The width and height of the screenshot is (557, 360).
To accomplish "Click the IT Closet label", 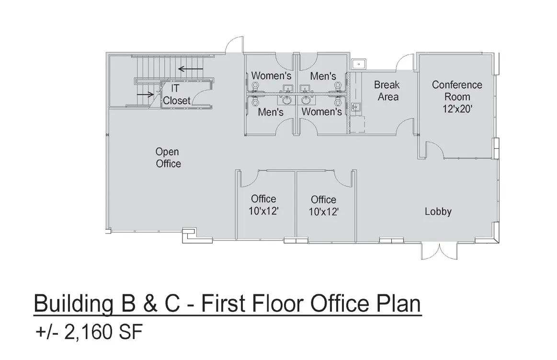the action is (177, 94).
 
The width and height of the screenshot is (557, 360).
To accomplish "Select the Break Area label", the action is (387, 91).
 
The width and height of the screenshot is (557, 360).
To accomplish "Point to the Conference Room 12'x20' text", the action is (457, 97).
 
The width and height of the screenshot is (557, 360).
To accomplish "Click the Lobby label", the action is (438, 211).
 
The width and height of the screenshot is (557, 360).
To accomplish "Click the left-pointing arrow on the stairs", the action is (191, 69).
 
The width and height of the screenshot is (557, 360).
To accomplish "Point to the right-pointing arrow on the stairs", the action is (145, 94).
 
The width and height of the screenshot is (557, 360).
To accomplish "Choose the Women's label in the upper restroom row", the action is (272, 76).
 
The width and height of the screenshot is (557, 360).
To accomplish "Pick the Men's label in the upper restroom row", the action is (323, 76).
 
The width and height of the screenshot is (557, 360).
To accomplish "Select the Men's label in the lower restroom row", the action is (271, 112).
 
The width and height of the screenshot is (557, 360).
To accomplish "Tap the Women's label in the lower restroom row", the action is (321, 112).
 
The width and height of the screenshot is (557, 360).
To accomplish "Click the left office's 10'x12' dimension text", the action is (263, 211).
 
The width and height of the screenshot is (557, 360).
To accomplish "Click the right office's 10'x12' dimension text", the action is (323, 212).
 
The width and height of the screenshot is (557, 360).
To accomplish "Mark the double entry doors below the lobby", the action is (440, 252).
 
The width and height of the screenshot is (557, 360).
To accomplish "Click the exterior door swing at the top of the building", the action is (235, 44).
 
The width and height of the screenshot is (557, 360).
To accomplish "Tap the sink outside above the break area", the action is (359, 64).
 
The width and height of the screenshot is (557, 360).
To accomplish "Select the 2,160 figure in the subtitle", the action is (86, 333).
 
